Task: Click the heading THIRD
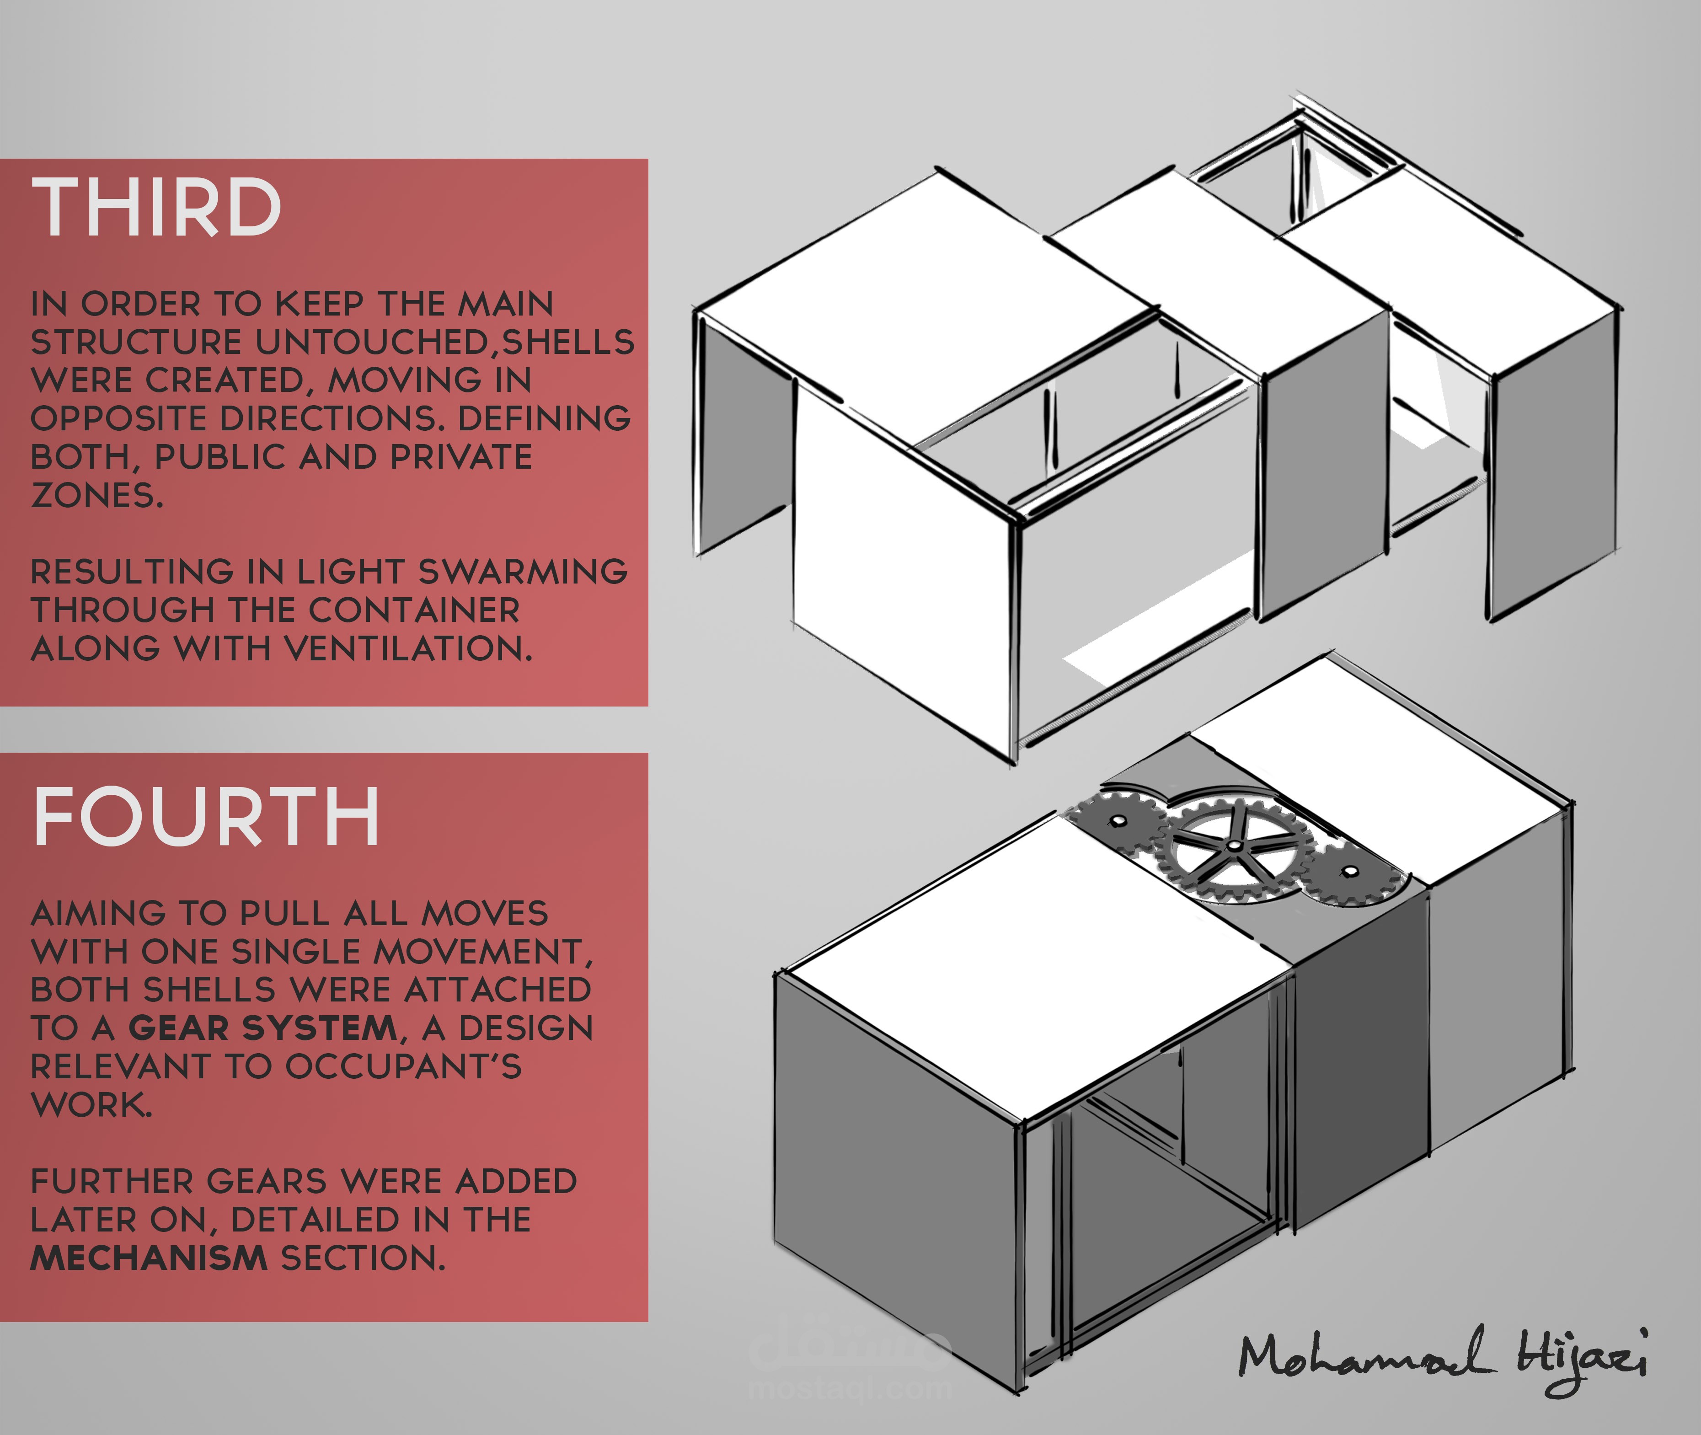[156, 208]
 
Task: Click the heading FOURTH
[206, 817]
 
